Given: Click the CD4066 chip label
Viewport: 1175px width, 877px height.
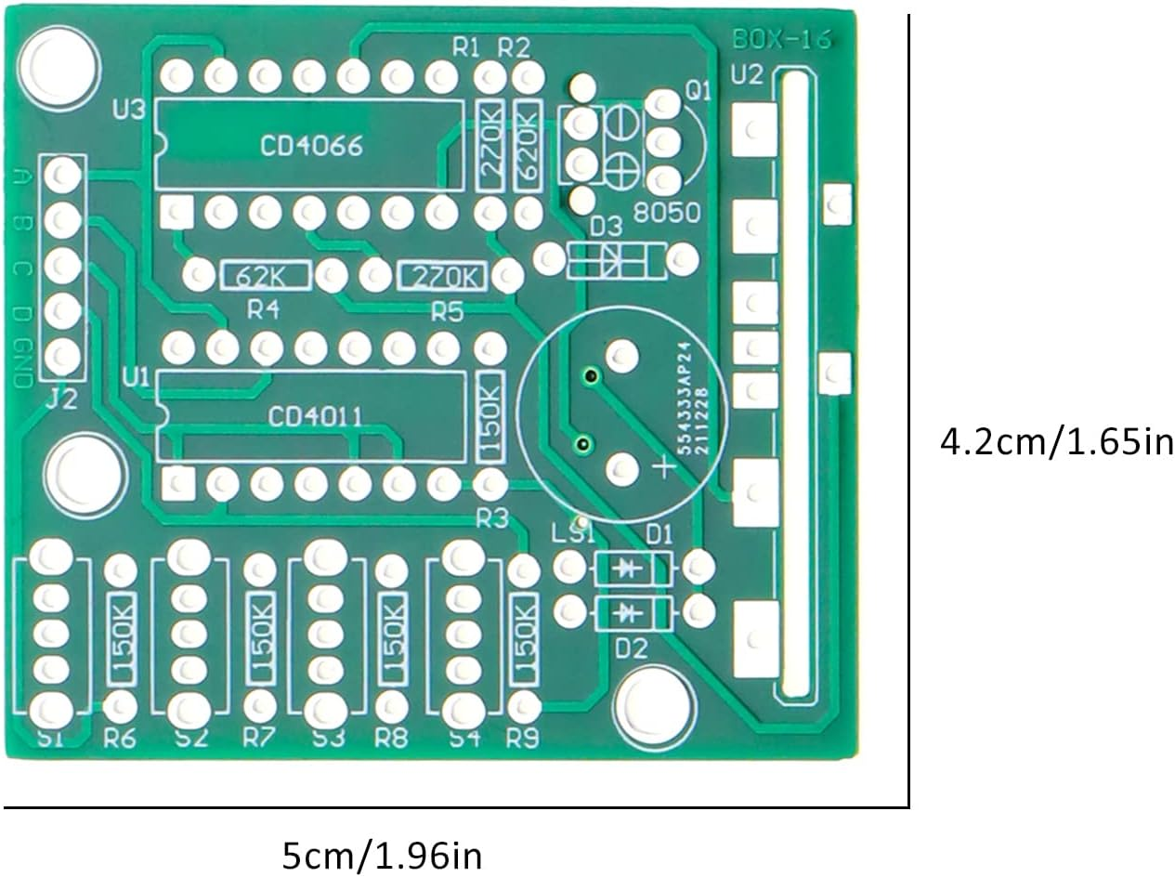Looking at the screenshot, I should click(x=310, y=147).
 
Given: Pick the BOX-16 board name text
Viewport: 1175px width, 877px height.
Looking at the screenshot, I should click(x=781, y=41).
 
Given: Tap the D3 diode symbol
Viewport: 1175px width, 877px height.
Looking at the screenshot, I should click(x=617, y=260).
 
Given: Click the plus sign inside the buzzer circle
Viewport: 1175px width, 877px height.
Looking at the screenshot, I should click(x=663, y=468).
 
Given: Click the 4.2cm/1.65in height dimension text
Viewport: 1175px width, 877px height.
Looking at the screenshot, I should click(x=1056, y=441).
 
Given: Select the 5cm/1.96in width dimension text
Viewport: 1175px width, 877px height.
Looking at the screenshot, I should click(x=382, y=854).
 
